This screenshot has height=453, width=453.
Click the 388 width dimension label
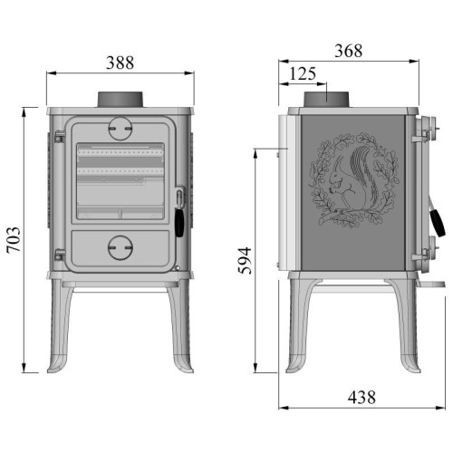point(120,63)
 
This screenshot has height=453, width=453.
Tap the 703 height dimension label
point(14,240)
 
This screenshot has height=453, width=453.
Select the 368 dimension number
point(348,51)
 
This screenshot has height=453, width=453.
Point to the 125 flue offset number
point(303,73)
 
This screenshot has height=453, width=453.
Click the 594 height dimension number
point(245,261)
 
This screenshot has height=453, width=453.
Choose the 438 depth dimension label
point(361,397)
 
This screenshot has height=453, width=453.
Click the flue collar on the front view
point(120,100)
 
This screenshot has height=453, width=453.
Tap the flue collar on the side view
point(326,100)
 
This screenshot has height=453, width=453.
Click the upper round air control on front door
point(120,129)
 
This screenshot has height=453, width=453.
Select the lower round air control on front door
point(120,247)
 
